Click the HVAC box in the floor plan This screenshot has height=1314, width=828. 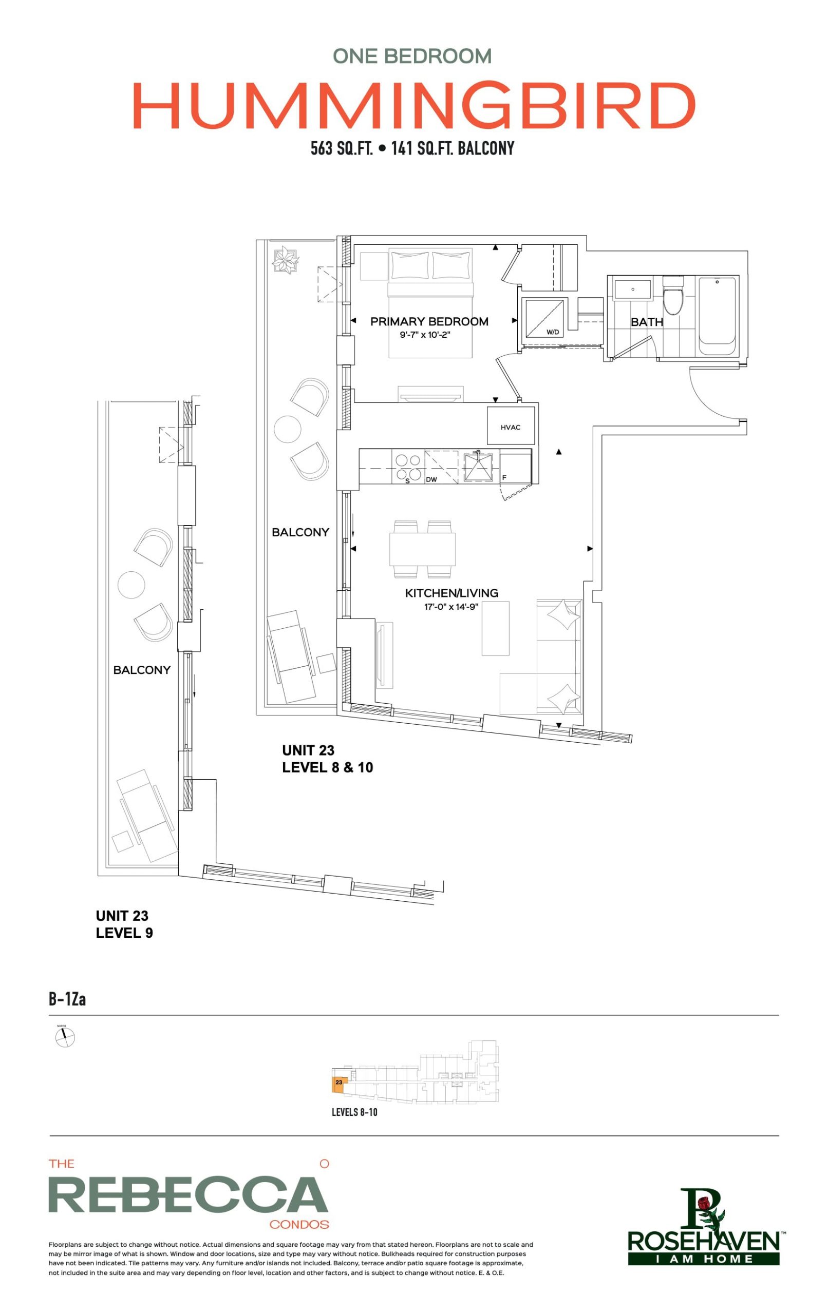(511, 425)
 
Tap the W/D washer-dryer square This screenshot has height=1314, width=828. (542, 318)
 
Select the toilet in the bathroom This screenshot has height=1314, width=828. (672, 295)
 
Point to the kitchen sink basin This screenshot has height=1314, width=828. (478, 466)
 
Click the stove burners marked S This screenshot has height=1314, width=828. (408, 467)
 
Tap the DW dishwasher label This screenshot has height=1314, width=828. (431, 479)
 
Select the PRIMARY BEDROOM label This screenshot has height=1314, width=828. (429, 321)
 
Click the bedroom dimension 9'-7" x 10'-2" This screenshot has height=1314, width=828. (425, 335)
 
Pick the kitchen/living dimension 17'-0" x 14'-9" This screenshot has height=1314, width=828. (451, 606)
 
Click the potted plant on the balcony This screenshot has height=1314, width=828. (286, 259)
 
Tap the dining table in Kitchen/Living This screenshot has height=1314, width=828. (422, 548)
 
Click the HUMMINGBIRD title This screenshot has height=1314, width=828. (414, 105)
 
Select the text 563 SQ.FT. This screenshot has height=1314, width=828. (342, 148)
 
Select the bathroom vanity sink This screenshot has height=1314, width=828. (633, 289)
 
